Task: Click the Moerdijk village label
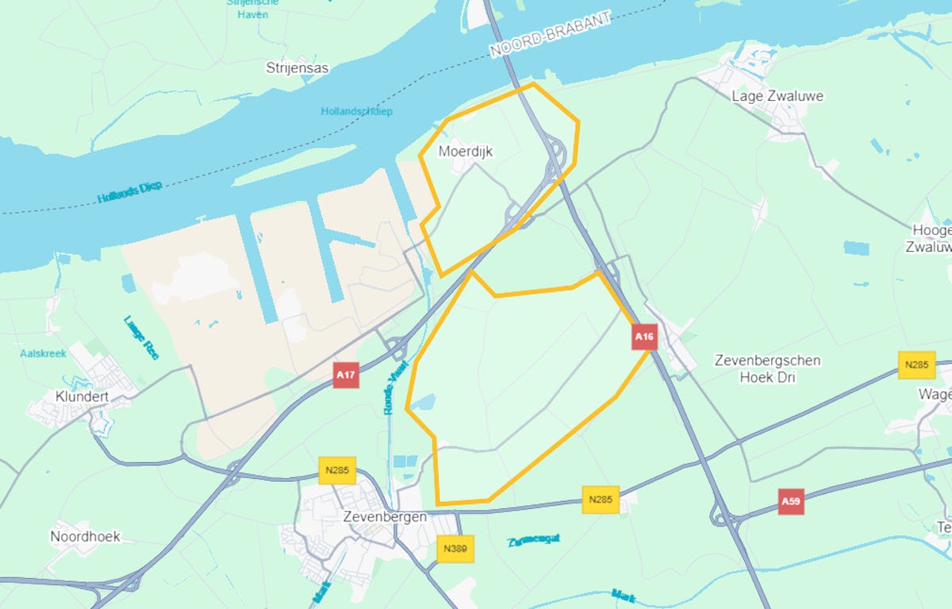[x=465, y=151]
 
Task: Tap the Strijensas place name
[x=297, y=68]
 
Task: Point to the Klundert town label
[x=81, y=395]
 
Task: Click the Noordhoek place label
[x=85, y=536]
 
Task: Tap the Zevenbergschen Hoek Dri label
[x=767, y=368]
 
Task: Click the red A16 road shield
[x=644, y=337]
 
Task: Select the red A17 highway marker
[x=345, y=375]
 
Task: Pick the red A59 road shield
[x=789, y=502]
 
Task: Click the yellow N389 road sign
[x=455, y=549]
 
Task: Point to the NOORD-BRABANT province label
[x=551, y=34]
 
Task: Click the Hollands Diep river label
[x=130, y=191]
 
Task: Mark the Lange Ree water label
[x=141, y=337]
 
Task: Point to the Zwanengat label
[x=534, y=540]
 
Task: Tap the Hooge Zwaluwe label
[x=931, y=238]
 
